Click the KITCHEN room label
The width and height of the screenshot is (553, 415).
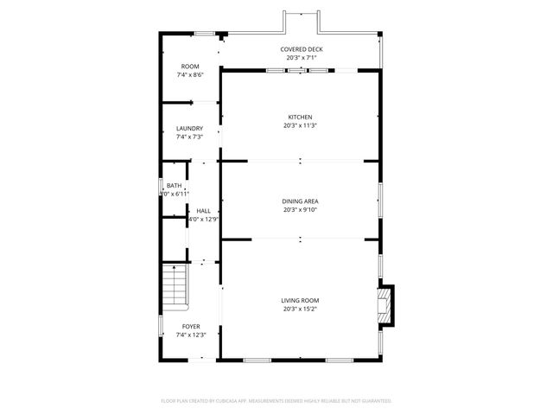[x=300, y=118]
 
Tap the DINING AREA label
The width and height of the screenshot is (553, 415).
[x=300, y=201]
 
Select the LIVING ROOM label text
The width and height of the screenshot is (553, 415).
[x=300, y=301]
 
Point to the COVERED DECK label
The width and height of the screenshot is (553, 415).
[x=301, y=49]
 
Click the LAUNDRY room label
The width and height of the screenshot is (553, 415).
[x=189, y=129]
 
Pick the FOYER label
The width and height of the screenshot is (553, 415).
[x=189, y=327]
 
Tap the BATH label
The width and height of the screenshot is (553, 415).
[x=175, y=186]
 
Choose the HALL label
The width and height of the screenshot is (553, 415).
[x=203, y=211]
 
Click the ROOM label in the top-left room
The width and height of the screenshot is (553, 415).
[x=189, y=67]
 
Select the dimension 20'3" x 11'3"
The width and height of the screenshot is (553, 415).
[x=300, y=126]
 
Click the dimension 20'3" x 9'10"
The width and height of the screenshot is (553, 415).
[x=300, y=210]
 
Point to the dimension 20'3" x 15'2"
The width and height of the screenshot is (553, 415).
[x=300, y=310]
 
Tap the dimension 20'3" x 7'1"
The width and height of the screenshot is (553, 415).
[x=301, y=58]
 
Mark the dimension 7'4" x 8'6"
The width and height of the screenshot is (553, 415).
[x=189, y=75]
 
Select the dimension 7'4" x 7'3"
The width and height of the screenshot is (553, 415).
[x=189, y=137]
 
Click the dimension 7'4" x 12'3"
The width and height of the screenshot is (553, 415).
[x=189, y=335]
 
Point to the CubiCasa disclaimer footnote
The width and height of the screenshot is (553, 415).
[x=276, y=401]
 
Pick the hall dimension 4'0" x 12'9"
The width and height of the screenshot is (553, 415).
[x=203, y=220]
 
